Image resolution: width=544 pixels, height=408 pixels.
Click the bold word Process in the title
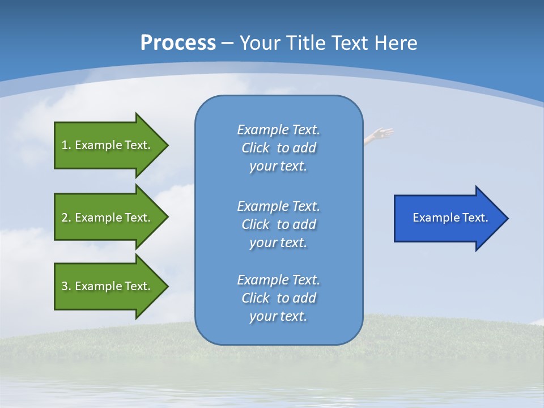pos(178,42)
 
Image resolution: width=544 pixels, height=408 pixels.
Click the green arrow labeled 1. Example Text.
pos(108,145)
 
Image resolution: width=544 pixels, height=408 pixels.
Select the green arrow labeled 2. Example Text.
pos(108,217)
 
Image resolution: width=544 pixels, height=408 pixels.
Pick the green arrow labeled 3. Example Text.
pos(108,286)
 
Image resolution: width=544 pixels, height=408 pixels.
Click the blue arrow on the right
pos(448,218)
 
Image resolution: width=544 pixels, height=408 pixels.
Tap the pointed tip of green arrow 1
pos(167,145)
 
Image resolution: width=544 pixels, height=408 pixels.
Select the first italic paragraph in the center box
pos(278,148)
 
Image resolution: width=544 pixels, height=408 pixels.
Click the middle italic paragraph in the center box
pos(278,224)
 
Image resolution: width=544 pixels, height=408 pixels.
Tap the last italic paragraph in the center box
pos(278,298)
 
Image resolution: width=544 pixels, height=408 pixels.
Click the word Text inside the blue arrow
pos(475,218)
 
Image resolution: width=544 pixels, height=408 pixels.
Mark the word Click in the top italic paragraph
pos(256,148)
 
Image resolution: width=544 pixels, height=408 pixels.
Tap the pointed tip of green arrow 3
pos(167,286)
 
